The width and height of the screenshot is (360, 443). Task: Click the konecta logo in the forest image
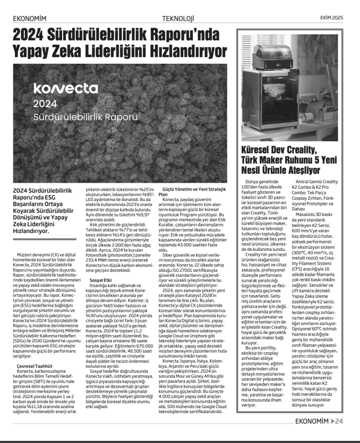[x=65, y=88]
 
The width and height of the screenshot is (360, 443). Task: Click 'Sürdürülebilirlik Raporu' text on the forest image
[x=85, y=118]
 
